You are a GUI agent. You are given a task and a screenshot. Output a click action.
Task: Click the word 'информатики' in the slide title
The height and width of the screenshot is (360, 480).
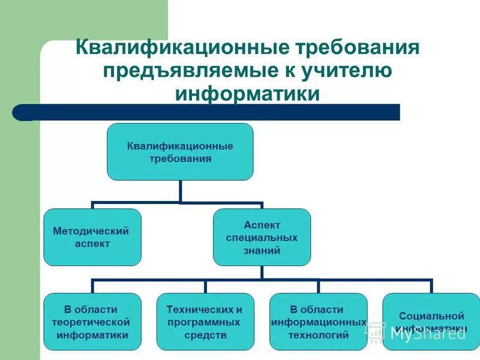pyautogui.click(x=247, y=94)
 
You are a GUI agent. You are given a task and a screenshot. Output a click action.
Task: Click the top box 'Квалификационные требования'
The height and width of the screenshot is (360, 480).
pyautogui.click(x=180, y=152)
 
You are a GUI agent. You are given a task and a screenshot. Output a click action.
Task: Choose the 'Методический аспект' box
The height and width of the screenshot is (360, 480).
pyautogui.click(x=92, y=237)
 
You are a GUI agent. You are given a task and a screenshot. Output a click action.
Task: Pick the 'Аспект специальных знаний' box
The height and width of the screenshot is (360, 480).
pyautogui.click(x=262, y=237)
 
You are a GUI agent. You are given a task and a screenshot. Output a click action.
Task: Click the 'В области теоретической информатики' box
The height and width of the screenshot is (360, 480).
pyautogui.click(x=92, y=322)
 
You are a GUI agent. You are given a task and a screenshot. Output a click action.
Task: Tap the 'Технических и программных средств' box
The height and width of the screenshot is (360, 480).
pyautogui.click(x=205, y=322)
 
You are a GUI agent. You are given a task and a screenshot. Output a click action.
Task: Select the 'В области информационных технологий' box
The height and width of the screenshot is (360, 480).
pyautogui.click(x=318, y=322)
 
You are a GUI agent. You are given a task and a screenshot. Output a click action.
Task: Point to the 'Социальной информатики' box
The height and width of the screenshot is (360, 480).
pyautogui.click(x=431, y=322)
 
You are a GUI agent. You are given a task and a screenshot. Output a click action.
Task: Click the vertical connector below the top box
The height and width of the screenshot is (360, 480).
pyautogui.click(x=180, y=191)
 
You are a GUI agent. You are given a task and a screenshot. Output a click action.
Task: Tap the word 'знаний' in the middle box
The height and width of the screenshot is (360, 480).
pyautogui.click(x=262, y=251)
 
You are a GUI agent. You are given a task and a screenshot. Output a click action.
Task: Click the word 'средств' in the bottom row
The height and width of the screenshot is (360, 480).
pyautogui.click(x=205, y=335)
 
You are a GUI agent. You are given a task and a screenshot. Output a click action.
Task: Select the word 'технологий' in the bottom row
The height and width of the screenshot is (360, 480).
pyautogui.click(x=318, y=335)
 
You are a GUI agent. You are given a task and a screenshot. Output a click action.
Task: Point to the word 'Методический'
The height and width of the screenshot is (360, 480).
pyautogui.click(x=91, y=231)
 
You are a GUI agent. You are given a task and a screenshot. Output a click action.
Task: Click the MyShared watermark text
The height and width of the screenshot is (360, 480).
pyautogui.click(x=427, y=334)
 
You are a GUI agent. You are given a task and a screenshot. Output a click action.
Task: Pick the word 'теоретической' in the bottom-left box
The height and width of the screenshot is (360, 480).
pyautogui.click(x=92, y=322)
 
